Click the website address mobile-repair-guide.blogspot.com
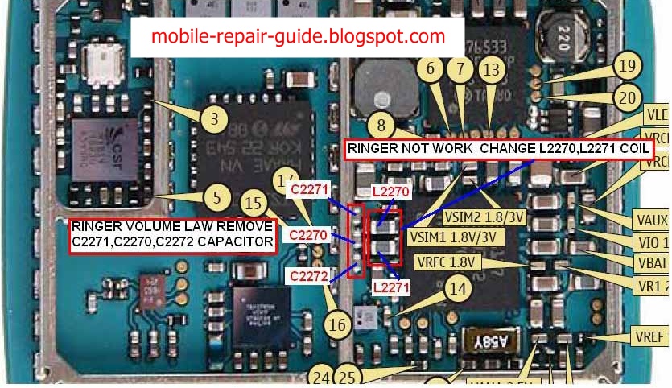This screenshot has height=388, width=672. pyautogui.click(x=298, y=36)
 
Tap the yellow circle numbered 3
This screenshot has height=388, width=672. pyautogui.click(x=213, y=121)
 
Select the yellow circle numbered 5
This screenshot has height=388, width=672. pyautogui.click(x=213, y=195)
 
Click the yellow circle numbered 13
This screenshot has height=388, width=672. pyautogui.click(x=489, y=70)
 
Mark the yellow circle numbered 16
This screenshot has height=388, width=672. pyautogui.click(x=338, y=324)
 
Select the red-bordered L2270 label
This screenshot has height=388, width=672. pyautogui.click(x=391, y=192)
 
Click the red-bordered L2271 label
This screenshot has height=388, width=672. pyautogui.click(x=391, y=286)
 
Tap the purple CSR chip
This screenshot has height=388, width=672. pyautogui.click(x=101, y=151)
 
